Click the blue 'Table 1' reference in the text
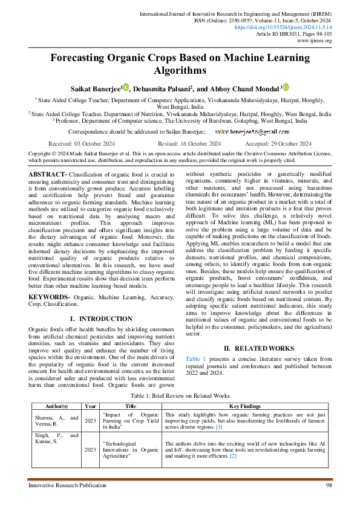pyautogui.click(x=195, y=359)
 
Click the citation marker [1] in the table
pyautogui.click(x=218, y=427)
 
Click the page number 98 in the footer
pyautogui.click(x=329, y=485)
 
